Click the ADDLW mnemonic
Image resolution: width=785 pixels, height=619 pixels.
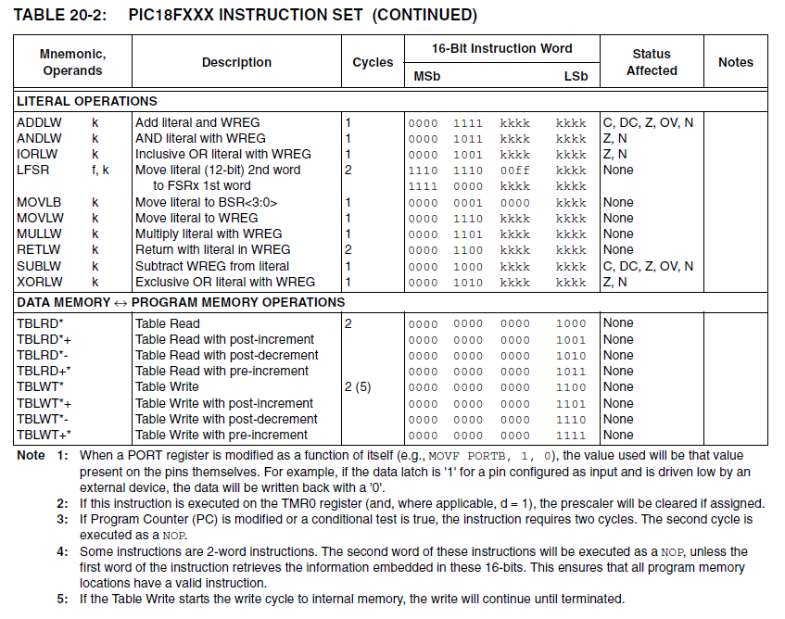tap(37, 122)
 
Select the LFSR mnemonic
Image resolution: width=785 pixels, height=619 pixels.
tap(32, 171)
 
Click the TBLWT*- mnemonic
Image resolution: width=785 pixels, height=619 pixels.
tap(44, 419)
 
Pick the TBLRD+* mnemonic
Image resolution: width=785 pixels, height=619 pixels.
tap(44, 371)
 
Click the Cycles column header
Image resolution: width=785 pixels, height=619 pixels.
tap(373, 62)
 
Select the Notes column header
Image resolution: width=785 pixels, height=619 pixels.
tap(736, 62)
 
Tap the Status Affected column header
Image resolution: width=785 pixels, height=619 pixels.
tap(652, 62)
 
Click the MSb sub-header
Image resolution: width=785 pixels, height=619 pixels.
tap(426, 76)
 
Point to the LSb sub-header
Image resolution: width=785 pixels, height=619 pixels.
tap(576, 76)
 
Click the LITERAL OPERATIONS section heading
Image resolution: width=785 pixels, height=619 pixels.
tap(87, 101)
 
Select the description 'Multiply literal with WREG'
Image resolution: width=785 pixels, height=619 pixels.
tap(209, 234)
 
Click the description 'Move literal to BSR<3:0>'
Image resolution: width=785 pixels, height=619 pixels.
tap(206, 202)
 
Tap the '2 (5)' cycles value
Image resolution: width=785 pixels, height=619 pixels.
tap(359, 387)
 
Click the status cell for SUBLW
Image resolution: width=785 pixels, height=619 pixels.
tap(647, 266)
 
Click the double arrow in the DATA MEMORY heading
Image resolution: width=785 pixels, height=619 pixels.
tap(120, 303)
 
